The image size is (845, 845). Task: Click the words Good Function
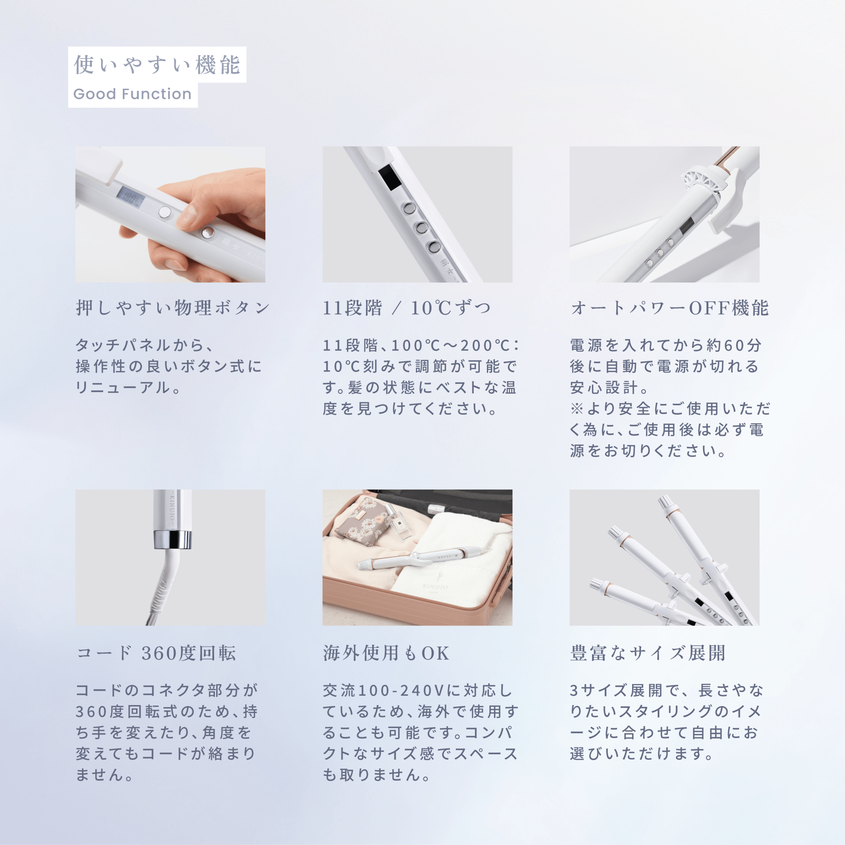pos(132,94)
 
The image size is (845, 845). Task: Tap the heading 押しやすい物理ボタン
pos(173,308)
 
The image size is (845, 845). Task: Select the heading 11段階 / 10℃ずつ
pos(407,308)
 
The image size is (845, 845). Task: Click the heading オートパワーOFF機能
pos(670,308)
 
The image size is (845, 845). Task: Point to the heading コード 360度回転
pos(156,653)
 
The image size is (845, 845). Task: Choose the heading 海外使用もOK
pos(386,653)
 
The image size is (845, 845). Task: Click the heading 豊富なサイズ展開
pos(648,653)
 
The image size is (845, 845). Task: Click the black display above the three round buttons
pos(388,178)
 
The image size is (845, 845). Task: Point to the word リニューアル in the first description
pos(123,387)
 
